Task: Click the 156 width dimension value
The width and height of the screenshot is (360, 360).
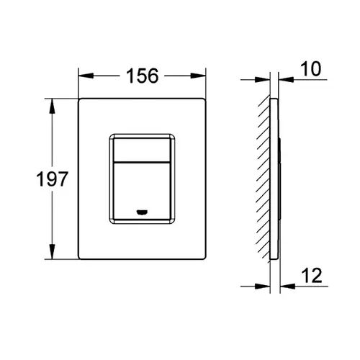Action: pyautogui.click(x=143, y=76)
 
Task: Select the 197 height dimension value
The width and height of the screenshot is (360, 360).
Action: pyautogui.click(x=53, y=179)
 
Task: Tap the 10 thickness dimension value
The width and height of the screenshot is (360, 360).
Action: pyautogui.click(x=311, y=69)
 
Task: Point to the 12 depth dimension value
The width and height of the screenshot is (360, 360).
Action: pyautogui.click(x=312, y=276)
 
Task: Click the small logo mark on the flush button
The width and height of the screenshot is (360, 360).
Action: pyautogui.click(x=143, y=212)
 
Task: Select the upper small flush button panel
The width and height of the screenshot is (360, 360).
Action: pyautogui.click(x=142, y=150)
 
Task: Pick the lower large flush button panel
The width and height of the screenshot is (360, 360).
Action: pyautogui.click(x=142, y=192)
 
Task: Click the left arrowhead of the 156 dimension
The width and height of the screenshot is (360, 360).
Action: pyautogui.click(x=86, y=76)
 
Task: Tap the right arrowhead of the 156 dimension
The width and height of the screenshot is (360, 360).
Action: pyautogui.click(x=198, y=76)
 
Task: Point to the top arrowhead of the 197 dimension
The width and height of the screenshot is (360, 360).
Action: pyautogui.click(x=52, y=106)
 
